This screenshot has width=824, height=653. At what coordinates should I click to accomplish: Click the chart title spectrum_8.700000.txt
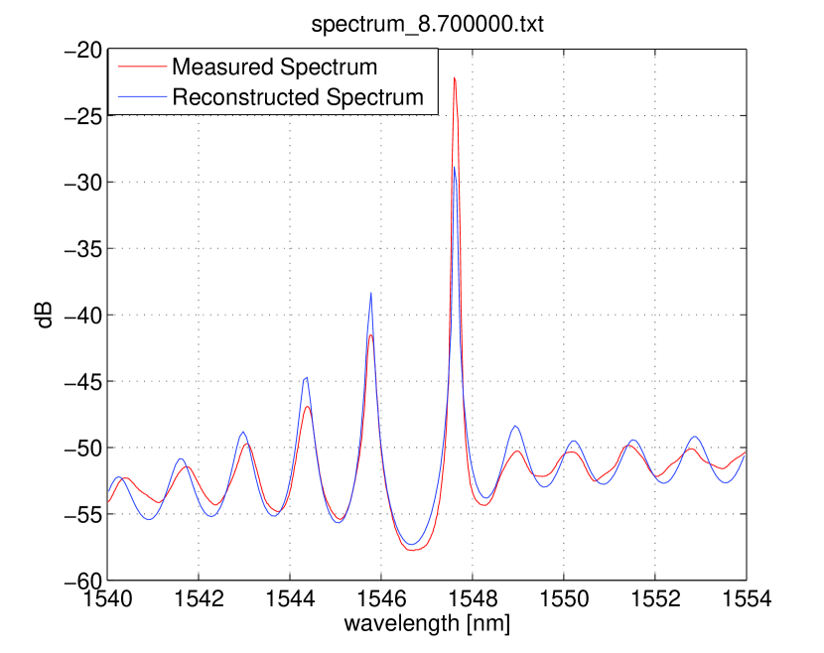[x=427, y=24]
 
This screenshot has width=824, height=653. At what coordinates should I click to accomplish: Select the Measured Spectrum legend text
[x=274, y=67]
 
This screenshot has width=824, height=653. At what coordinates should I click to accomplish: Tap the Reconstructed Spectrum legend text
[x=298, y=97]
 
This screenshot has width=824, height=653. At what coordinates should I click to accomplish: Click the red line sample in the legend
[x=141, y=67]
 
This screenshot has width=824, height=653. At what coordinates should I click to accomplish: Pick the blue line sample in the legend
[x=141, y=97]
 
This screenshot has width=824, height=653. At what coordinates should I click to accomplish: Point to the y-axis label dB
[x=46, y=315]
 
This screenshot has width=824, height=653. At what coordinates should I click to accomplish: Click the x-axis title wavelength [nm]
[x=427, y=624]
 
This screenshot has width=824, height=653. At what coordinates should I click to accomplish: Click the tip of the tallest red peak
[x=455, y=77]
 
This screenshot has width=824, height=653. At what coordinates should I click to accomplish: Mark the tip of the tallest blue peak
[x=454, y=167]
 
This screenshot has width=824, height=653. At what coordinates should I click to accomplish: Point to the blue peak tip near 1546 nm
[x=371, y=294]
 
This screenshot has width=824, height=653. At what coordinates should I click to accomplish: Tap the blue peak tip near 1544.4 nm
[x=307, y=377]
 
